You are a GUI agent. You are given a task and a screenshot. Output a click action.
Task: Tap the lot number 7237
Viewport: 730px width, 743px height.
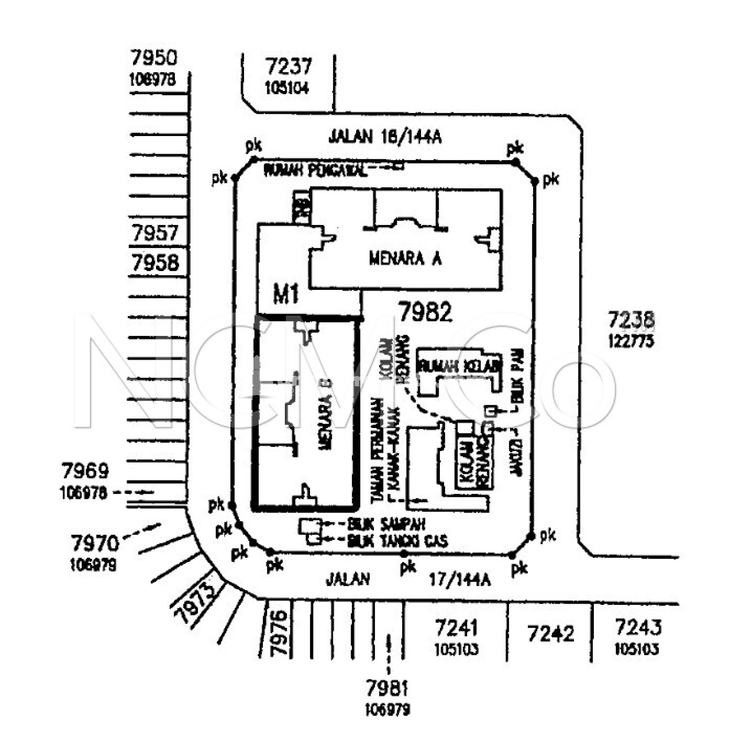click(x=289, y=66)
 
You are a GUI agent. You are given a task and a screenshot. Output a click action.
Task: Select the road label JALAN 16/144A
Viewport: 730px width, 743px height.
click(x=384, y=137)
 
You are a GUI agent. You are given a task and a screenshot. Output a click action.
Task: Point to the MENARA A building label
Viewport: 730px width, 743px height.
click(x=405, y=259)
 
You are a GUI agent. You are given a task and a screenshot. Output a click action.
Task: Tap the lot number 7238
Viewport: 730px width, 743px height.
click(x=631, y=320)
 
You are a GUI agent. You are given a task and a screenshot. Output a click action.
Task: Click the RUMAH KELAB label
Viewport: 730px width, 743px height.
click(x=460, y=367)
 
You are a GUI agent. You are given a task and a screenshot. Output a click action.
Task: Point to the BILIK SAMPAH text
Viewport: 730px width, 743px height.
click(x=386, y=524)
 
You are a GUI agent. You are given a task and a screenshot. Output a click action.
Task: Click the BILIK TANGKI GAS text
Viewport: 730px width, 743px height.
click(x=397, y=541)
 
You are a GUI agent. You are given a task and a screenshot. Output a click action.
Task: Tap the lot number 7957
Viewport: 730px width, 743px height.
click(x=155, y=233)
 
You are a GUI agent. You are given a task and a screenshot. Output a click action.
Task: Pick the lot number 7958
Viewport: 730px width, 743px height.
click(x=155, y=263)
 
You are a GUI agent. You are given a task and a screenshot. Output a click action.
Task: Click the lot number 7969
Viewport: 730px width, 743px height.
click(x=85, y=471)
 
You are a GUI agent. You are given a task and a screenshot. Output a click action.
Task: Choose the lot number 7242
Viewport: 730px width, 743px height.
click(x=551, y=633)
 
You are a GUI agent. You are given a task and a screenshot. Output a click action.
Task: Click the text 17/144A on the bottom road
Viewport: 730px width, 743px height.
click(x=460, y=580)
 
